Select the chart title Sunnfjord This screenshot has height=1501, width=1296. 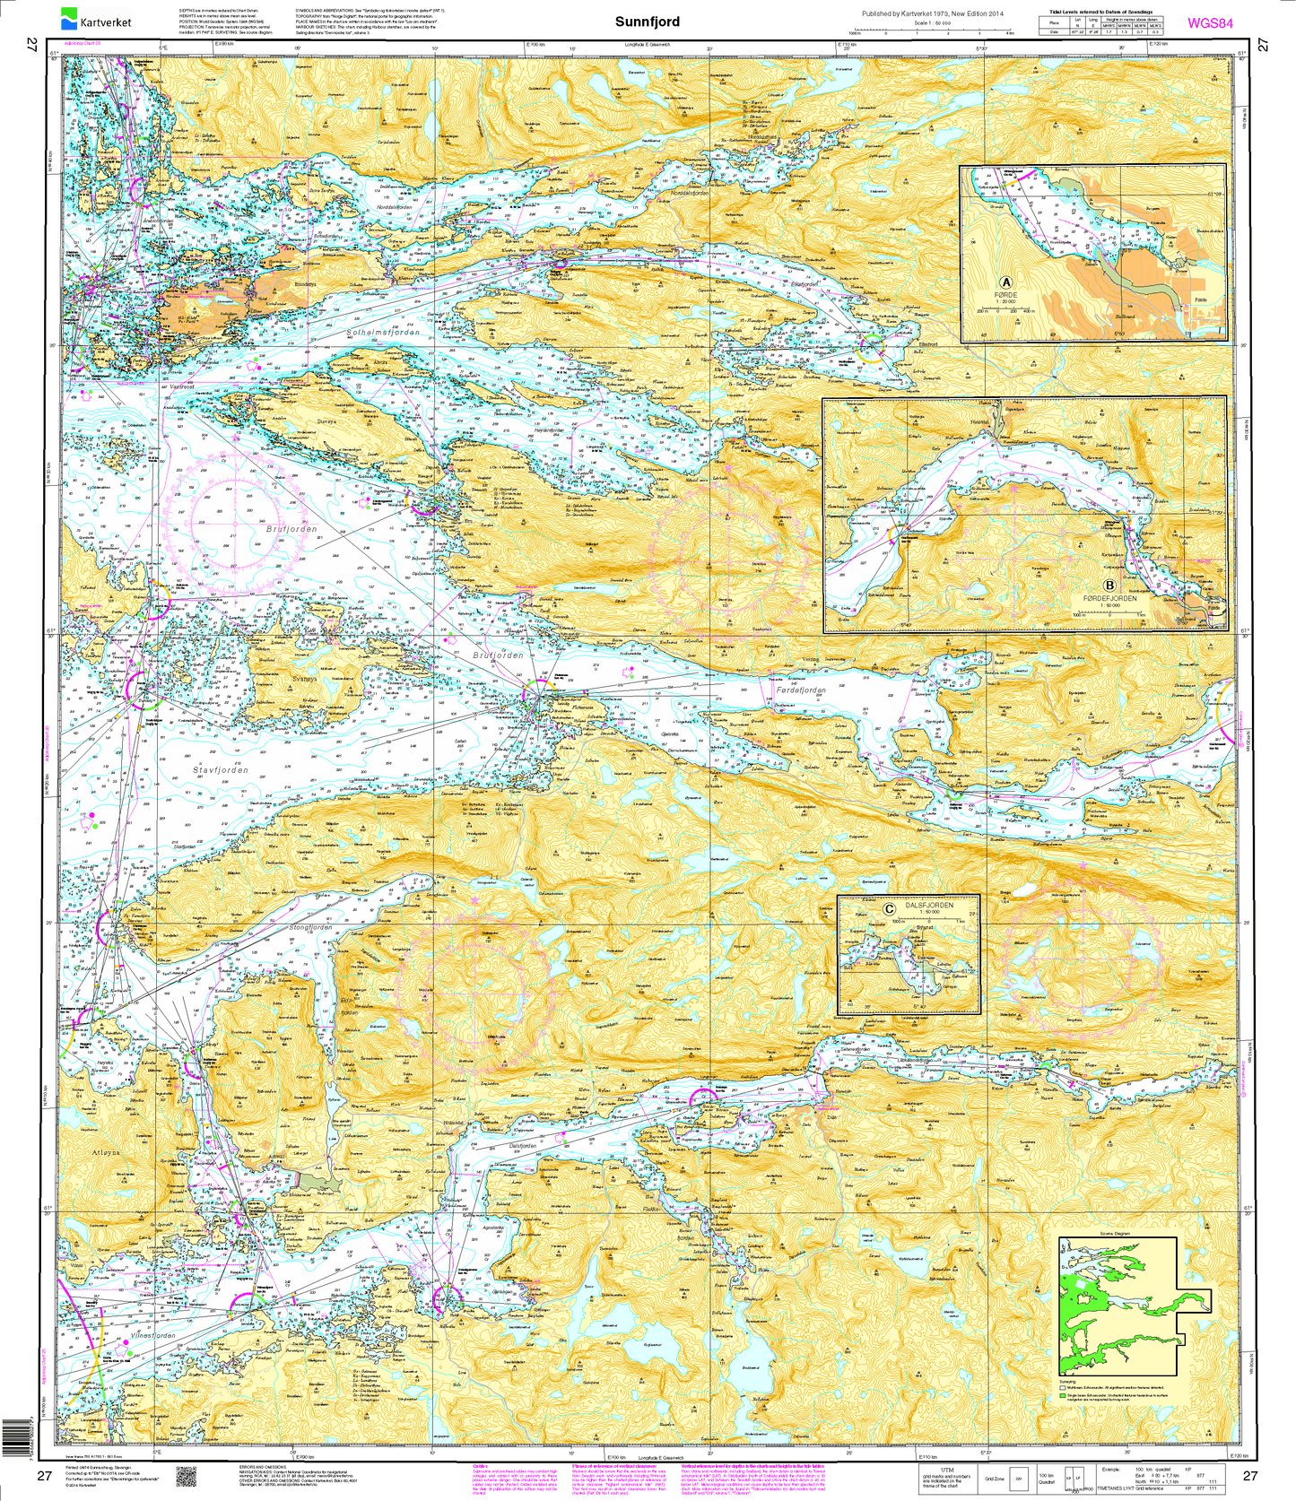(x=647, y=22)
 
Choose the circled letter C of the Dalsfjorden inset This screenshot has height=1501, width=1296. (x=889, y=908)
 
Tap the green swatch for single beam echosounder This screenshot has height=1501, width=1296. (x=1063, y=1396)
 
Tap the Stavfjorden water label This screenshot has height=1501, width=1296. (x=221, y=770)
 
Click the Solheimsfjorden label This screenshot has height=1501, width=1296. (x=382, y=332)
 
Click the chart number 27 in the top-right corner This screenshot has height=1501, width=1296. (x=1263, y=46)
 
